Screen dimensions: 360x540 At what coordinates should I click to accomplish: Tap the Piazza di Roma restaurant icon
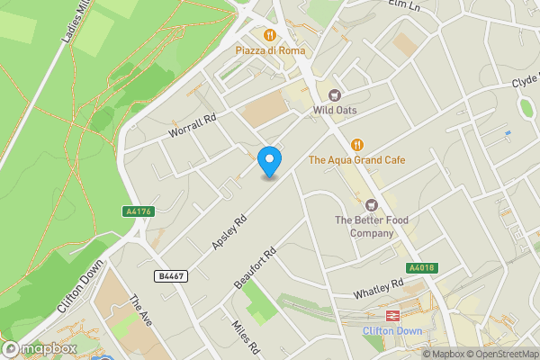269,34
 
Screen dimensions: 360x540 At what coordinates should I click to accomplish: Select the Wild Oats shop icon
335,94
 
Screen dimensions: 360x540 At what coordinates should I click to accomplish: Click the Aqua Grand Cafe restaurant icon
356,144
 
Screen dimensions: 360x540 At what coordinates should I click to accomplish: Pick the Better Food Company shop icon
370,204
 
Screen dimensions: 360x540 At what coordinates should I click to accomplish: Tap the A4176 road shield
135,211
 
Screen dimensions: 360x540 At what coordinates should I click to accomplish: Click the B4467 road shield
170,276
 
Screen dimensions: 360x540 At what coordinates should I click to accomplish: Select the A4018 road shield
421,267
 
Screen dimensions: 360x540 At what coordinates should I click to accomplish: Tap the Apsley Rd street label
229,232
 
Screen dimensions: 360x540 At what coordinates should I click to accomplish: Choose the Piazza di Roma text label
270,51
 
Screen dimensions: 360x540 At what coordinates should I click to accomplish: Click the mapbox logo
40,348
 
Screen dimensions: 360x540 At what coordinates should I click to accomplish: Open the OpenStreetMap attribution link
499,354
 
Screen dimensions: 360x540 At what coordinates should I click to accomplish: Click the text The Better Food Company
364,227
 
